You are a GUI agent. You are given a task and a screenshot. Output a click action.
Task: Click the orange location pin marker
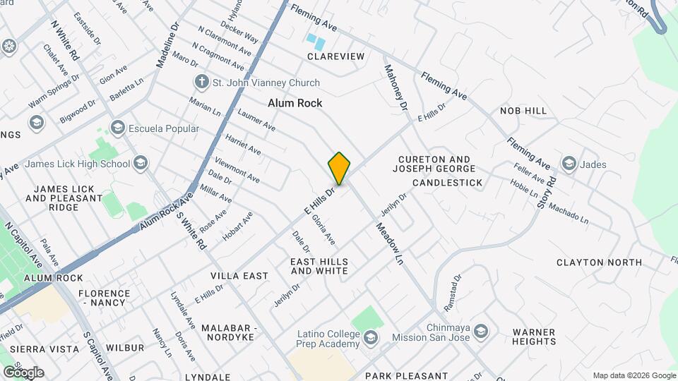[340, 168]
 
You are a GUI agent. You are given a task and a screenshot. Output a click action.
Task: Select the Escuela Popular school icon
[118, 128]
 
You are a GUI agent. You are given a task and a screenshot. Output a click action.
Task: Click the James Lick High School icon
[141, 164]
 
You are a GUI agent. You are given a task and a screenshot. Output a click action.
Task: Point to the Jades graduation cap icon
[569, 164]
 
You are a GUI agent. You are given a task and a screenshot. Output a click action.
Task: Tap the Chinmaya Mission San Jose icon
[480, 330]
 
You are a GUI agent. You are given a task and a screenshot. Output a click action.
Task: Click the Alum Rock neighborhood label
[295, 103]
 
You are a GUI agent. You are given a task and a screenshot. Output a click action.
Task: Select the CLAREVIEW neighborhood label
[335, 56]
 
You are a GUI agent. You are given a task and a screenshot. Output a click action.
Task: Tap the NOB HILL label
[523, 111]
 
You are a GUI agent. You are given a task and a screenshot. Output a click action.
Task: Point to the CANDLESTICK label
[447, 183]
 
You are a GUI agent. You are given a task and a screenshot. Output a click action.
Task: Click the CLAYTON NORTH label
[599, 262]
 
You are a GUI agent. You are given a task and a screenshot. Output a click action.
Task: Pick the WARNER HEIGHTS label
[535, 337]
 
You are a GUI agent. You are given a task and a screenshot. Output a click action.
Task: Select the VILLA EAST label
[239, 276]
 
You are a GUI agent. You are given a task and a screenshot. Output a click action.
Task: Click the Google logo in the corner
[23, 373]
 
